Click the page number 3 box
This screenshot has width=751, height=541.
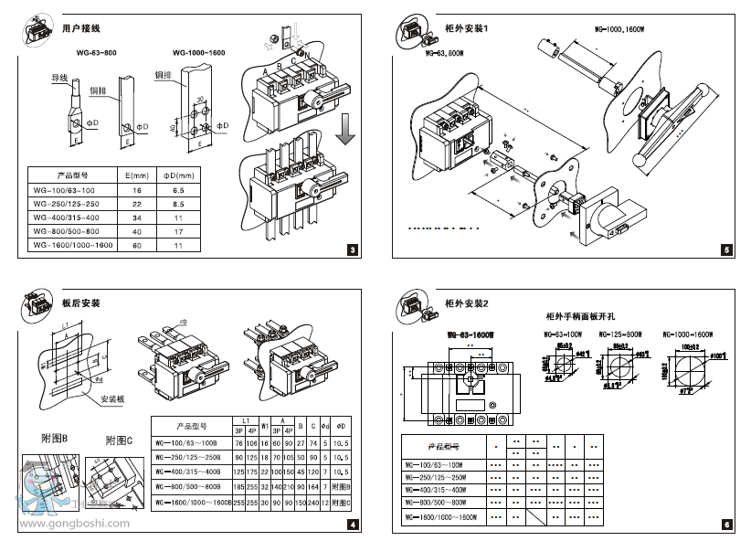354,250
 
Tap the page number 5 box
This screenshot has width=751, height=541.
725,250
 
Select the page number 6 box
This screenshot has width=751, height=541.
725,525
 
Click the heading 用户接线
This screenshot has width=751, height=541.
80,29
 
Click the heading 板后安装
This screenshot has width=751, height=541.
81,302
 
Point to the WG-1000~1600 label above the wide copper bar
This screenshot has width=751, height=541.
198,54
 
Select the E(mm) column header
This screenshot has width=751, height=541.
137,175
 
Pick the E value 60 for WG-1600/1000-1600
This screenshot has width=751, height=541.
137,246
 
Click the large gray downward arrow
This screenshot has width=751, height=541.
345,130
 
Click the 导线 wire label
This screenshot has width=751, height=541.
58,80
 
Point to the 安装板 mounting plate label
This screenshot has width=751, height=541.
113,399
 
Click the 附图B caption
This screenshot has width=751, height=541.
56,439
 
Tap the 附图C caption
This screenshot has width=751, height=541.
119,440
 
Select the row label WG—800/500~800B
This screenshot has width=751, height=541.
189,486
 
